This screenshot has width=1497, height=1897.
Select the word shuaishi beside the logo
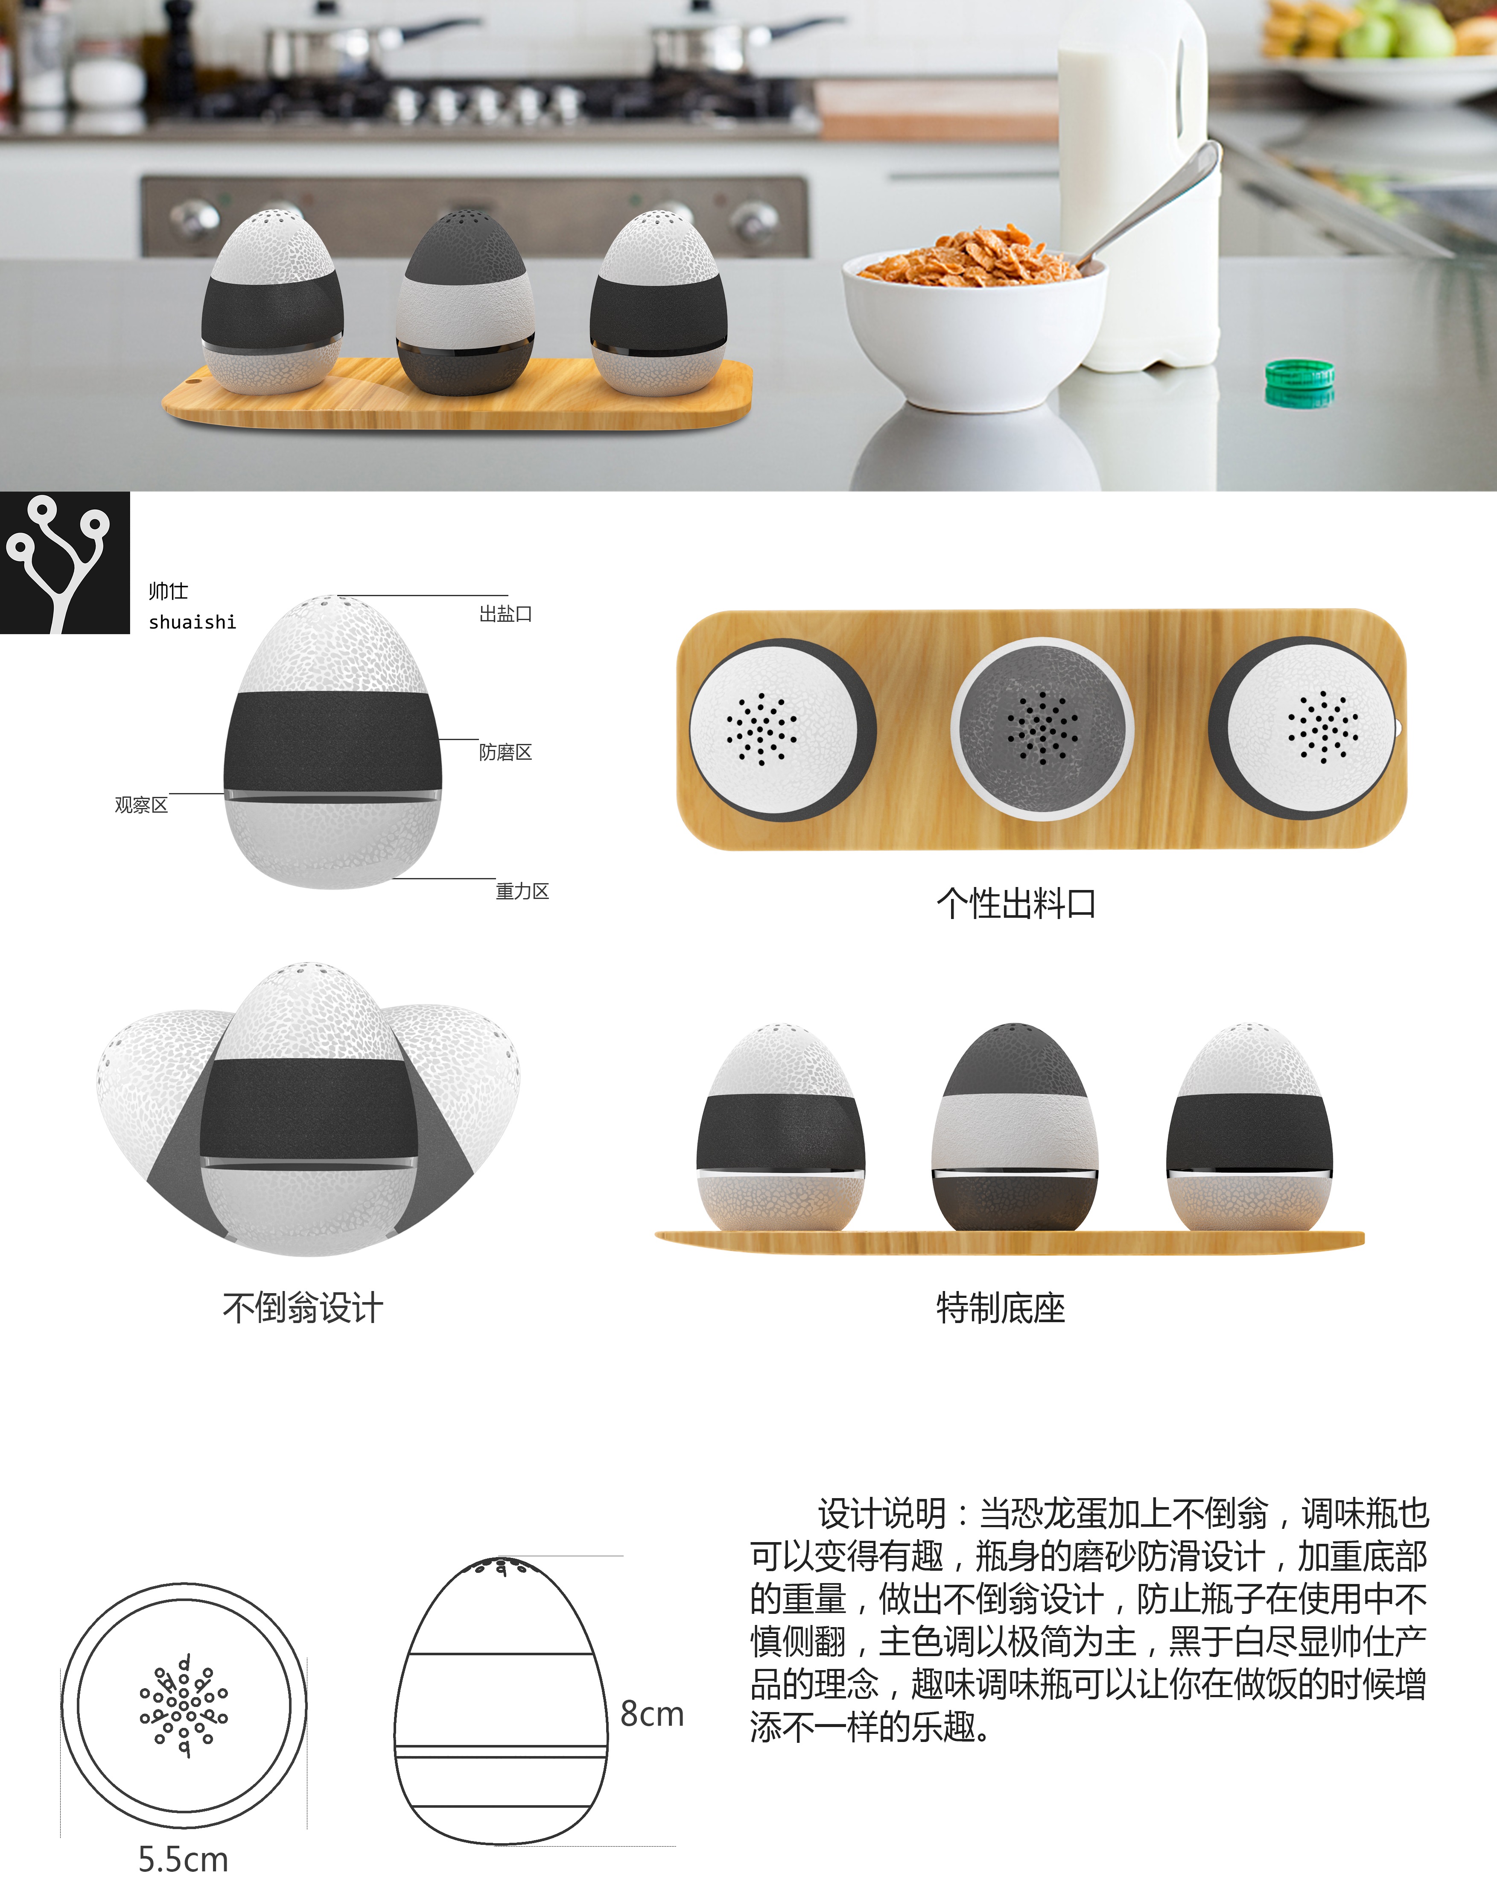click(192, 622)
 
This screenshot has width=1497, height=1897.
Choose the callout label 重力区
click(522, 892)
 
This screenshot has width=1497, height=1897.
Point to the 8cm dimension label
click(651, 1714)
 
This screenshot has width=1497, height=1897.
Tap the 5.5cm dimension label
click(183, 1859)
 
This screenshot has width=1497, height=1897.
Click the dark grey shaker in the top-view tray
click(1042, 729)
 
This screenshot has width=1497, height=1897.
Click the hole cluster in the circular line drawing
click(183, 1706)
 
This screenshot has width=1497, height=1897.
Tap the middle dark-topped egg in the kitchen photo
click(464, 302)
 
